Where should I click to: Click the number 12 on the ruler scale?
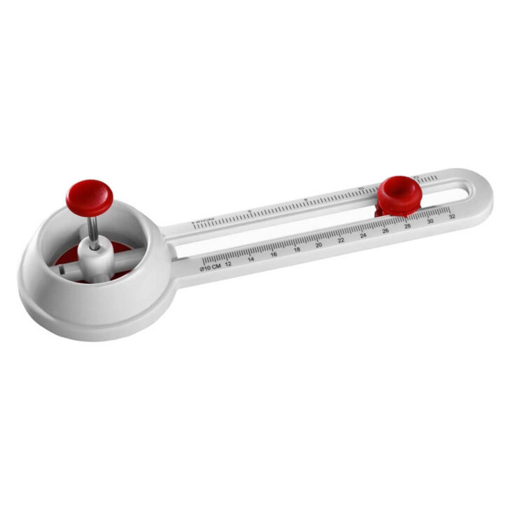(x=228, y=263)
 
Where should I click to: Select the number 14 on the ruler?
(x=250, y=259)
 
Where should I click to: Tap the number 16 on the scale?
(x=274, y=254)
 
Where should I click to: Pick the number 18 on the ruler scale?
(x=297, y=249)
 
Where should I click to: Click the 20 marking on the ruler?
(x=319, y=245)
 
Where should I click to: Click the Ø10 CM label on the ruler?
(x=210, y=267)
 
